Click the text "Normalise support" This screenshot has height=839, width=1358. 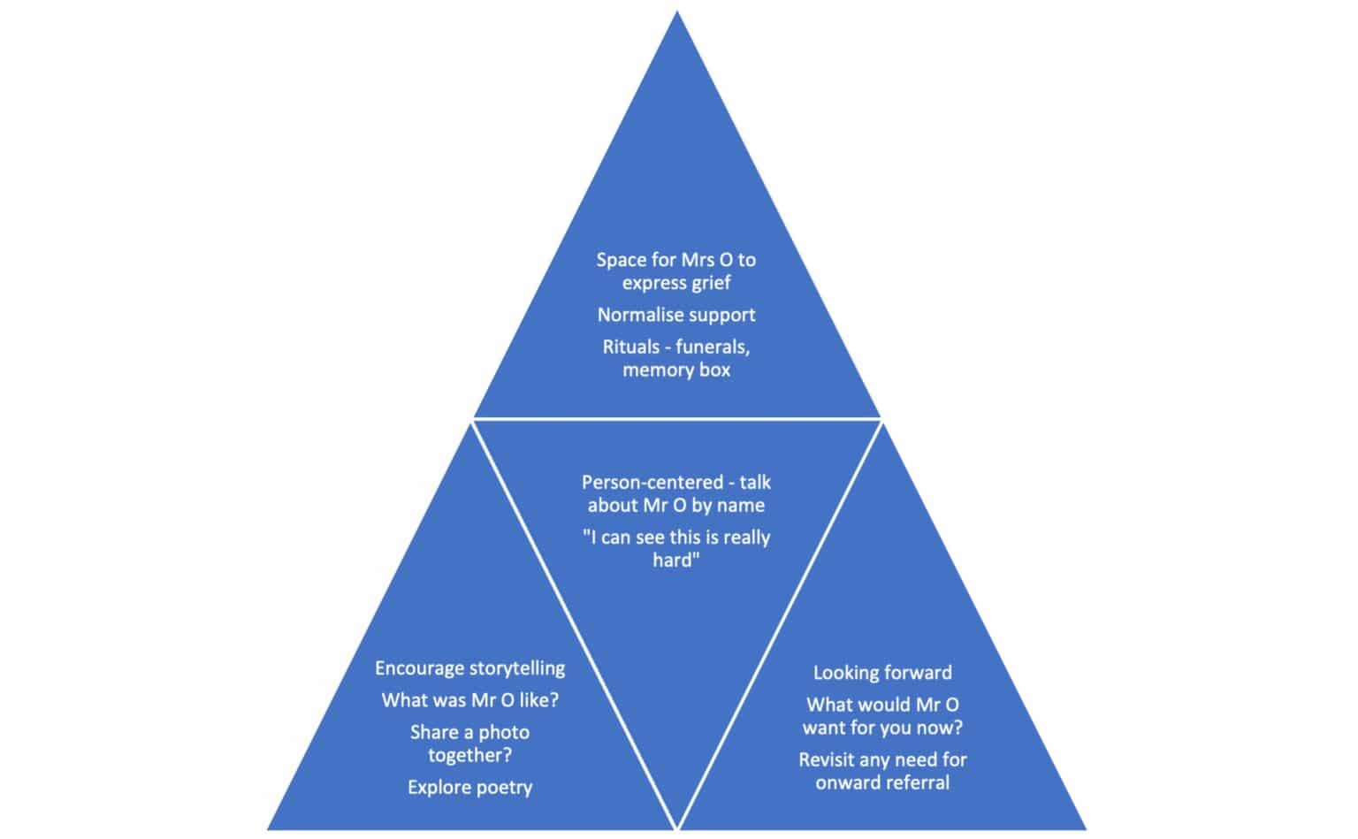pyautogui.click(x=676, y=315)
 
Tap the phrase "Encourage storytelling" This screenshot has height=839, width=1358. pyautogui.click(x=469, y=668)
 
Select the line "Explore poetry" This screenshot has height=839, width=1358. pyautogui.click(x=469, y=787)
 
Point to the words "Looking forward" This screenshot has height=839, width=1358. pyautogui.click(x=882, y=673)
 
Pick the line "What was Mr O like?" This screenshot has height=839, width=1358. pyautogui.click(x=469, y=700)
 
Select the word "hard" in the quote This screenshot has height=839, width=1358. pyautogui.click(x=674, y=561)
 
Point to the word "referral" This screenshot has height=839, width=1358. pyautogui.click(x=917, y=782)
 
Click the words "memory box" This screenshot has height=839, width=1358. pyautogui.click(x=676, y=370)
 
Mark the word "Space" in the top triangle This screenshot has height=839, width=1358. pyautogui.click(x=622, y=260)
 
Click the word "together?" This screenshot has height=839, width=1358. pyautogui.click(x=469, y=755)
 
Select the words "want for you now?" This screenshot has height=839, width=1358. pyautogui.click(x=882, y=728)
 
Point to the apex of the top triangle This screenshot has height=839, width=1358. pyautogui.click(x=677, y=13)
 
